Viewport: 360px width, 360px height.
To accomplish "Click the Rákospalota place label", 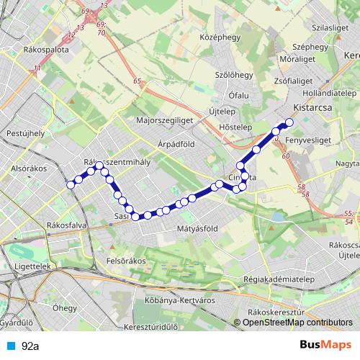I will pos(47,51).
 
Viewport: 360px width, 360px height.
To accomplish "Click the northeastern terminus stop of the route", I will pos(289,122).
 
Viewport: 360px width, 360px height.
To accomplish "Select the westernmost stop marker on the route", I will pos(71,185).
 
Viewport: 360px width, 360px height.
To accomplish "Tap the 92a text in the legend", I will pos(30,346).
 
